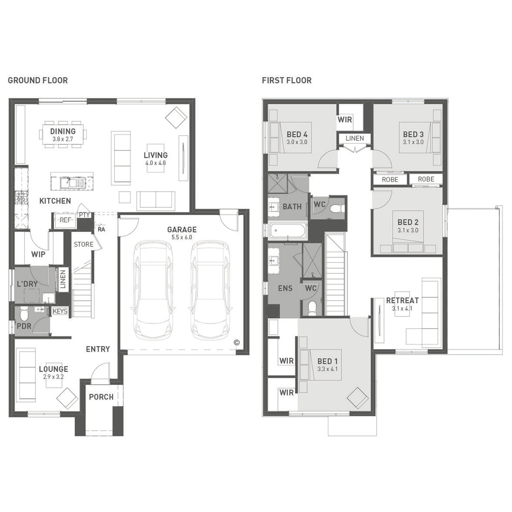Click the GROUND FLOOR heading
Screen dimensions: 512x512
[x=38, y=81]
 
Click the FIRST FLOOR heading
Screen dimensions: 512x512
[x=287, y=81]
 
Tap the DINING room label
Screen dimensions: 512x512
[x=63, y=131]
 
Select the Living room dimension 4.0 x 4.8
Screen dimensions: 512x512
[x=156, y=163]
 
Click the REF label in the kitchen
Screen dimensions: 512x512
[x=65, y=220]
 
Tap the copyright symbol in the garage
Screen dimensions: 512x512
[x=237, y=343]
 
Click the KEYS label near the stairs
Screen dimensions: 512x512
[x=60, y=311]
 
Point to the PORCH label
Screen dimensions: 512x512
[x=101, y=397]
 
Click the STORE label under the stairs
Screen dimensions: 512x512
[x=84, y=244]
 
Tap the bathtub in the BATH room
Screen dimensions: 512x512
[x=288, y=230]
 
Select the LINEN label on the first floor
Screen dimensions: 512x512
[x=355, y=138]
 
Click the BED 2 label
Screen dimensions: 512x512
[x=408, y=222]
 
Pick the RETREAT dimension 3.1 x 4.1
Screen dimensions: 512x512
[x=402, y=309]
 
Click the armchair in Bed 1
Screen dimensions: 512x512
[x=357, y=398]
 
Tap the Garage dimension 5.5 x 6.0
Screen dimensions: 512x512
[x=182, y=237]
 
